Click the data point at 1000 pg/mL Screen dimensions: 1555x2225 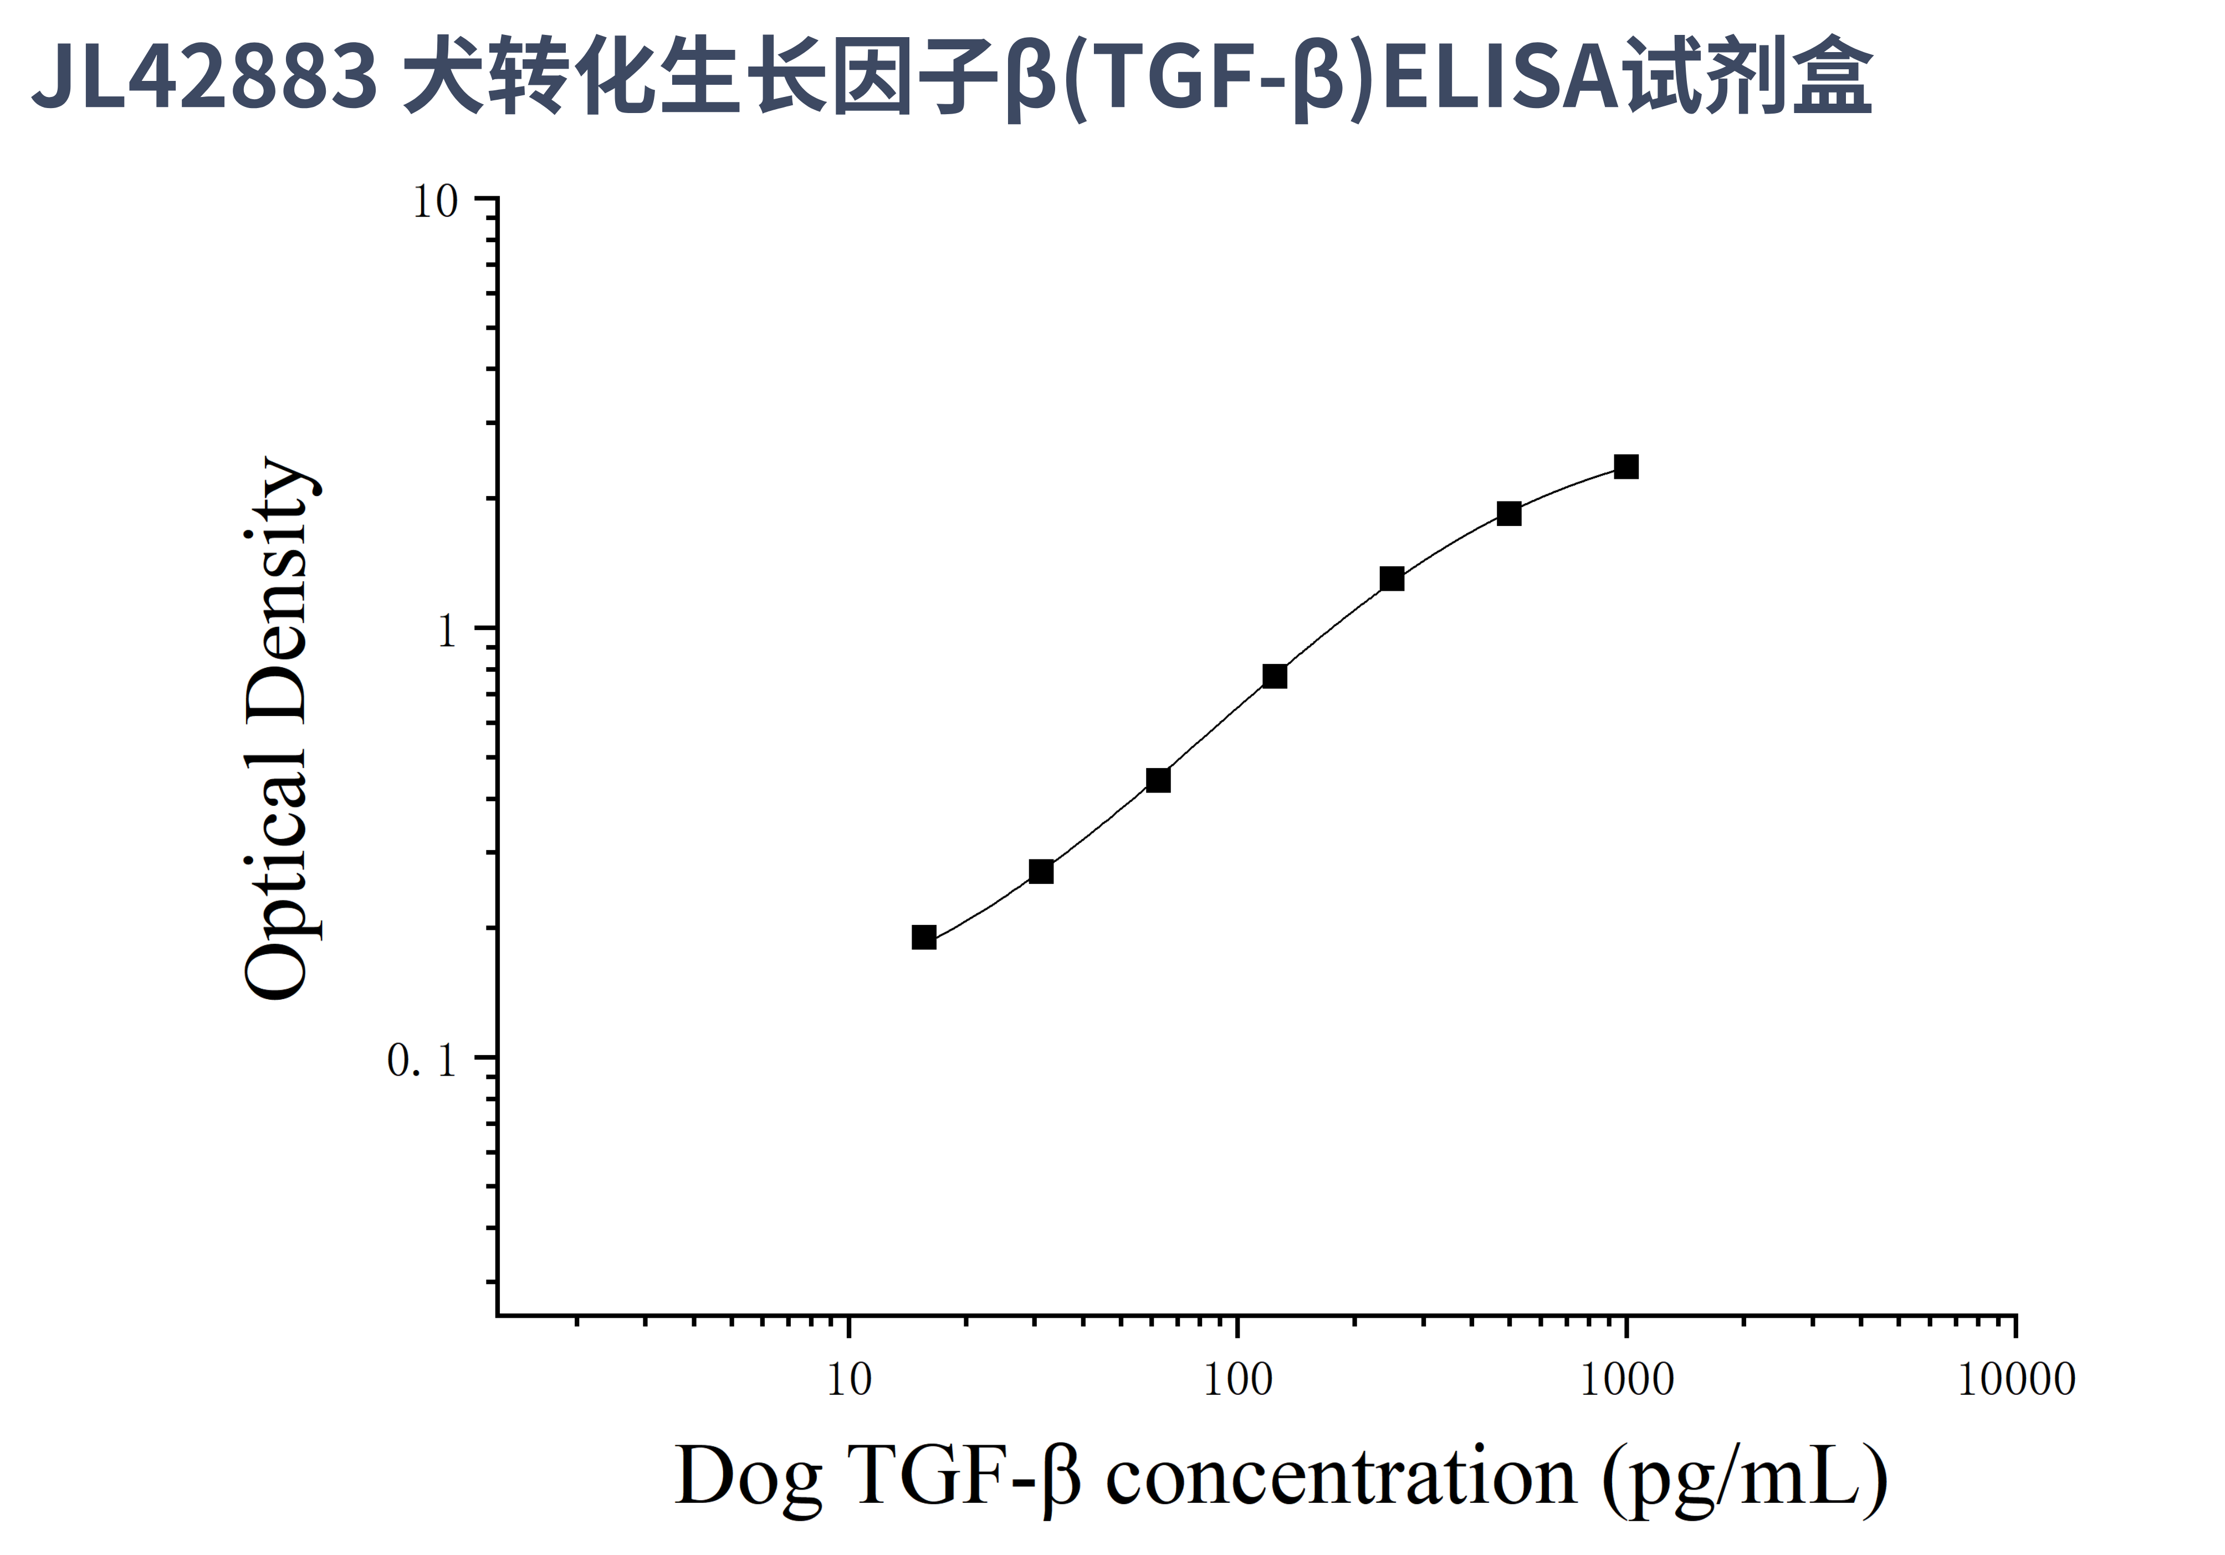click(1626, 467)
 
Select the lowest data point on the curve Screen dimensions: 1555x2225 click(924, 937)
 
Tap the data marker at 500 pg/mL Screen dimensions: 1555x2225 click(1509, 514)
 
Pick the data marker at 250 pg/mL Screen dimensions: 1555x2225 click(1392, 579)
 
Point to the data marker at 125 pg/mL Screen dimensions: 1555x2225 click(1275, 676)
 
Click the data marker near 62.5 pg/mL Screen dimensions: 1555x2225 click(1158, 780)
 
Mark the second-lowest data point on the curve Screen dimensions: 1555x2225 click(1041, 872)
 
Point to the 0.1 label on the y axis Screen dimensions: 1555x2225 click(422, 1061)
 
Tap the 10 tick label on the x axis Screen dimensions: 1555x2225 click(849, 1380)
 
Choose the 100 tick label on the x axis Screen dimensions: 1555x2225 click(1237, 1380)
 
